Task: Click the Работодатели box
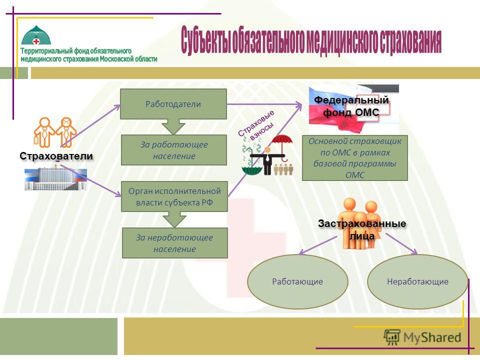point(173,104)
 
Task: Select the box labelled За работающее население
point(174,150)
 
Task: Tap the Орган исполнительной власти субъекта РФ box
point(174,196)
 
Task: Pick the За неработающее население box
point(175,243)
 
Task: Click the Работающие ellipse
point(297,281)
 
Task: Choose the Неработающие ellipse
point(417,281)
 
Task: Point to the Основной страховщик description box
point(355,158)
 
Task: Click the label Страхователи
point(56,156)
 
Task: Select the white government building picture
point(55,178)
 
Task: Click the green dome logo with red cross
point(36,35)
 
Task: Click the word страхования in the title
point(410,41)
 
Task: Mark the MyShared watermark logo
point(422,337)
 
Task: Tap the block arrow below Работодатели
point(173,126)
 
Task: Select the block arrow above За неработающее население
point(174,219)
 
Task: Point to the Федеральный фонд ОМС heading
point(351,106)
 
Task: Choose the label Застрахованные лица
point(362,229)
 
